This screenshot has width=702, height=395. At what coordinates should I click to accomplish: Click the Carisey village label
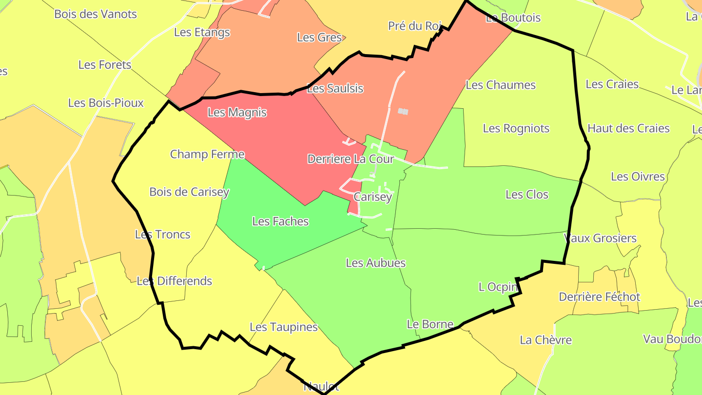click(x=372, y=197)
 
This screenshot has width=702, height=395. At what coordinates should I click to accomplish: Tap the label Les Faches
click(x=280, y=221)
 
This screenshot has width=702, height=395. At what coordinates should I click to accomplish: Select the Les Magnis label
click(x=237, y=112)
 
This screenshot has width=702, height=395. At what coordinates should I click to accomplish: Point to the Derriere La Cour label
click(x=350, y=159)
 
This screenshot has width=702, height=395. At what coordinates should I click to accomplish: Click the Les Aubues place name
click(x=375, y=263)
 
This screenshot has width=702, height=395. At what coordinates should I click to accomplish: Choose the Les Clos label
click(x=527, y=195)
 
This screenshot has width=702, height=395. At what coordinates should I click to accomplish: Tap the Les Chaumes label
click(x=501, y=85)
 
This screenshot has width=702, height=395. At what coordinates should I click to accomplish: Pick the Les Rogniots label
click(x=516, y=128)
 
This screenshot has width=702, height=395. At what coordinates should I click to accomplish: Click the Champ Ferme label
click(x=207, y=154)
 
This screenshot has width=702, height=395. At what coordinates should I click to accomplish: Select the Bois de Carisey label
click(x=189, y=192)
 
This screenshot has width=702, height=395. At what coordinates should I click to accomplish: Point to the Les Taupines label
click(x=284, y=327)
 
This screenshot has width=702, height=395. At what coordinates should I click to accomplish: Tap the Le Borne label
click(x=430, y=324)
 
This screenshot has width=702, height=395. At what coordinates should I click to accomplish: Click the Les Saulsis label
click(x=335, y=88)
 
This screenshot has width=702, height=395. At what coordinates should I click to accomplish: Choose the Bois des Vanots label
click(x=96, y=14)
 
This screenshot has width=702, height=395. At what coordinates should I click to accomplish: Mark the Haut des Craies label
click(x=628, y=128)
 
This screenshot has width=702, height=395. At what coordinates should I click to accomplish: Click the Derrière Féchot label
click(x=599, y=296)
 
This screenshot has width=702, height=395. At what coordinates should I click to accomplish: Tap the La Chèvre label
click(x=546, y=340)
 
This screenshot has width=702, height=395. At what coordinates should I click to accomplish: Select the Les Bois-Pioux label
click(x=106, y=103)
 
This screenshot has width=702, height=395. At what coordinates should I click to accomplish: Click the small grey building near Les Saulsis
click(x=403, y=112)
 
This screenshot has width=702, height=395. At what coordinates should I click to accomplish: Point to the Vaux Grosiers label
click(x=600, y=238)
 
